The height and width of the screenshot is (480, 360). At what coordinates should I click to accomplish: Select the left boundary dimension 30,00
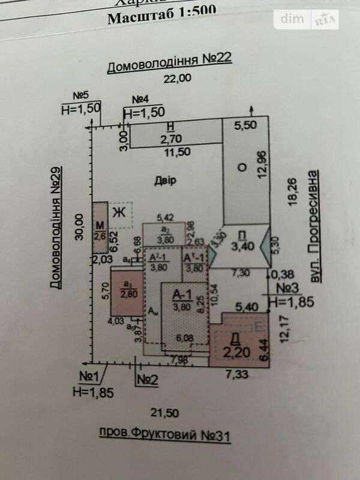tap(77, 227)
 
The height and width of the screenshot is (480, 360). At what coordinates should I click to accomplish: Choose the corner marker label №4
tap(140, 100)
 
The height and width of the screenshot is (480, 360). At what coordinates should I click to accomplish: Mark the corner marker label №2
tap(146, 379)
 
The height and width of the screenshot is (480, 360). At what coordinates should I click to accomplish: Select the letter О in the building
tap(242, 169)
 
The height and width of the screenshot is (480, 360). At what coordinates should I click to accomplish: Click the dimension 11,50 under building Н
tap(178, 152)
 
